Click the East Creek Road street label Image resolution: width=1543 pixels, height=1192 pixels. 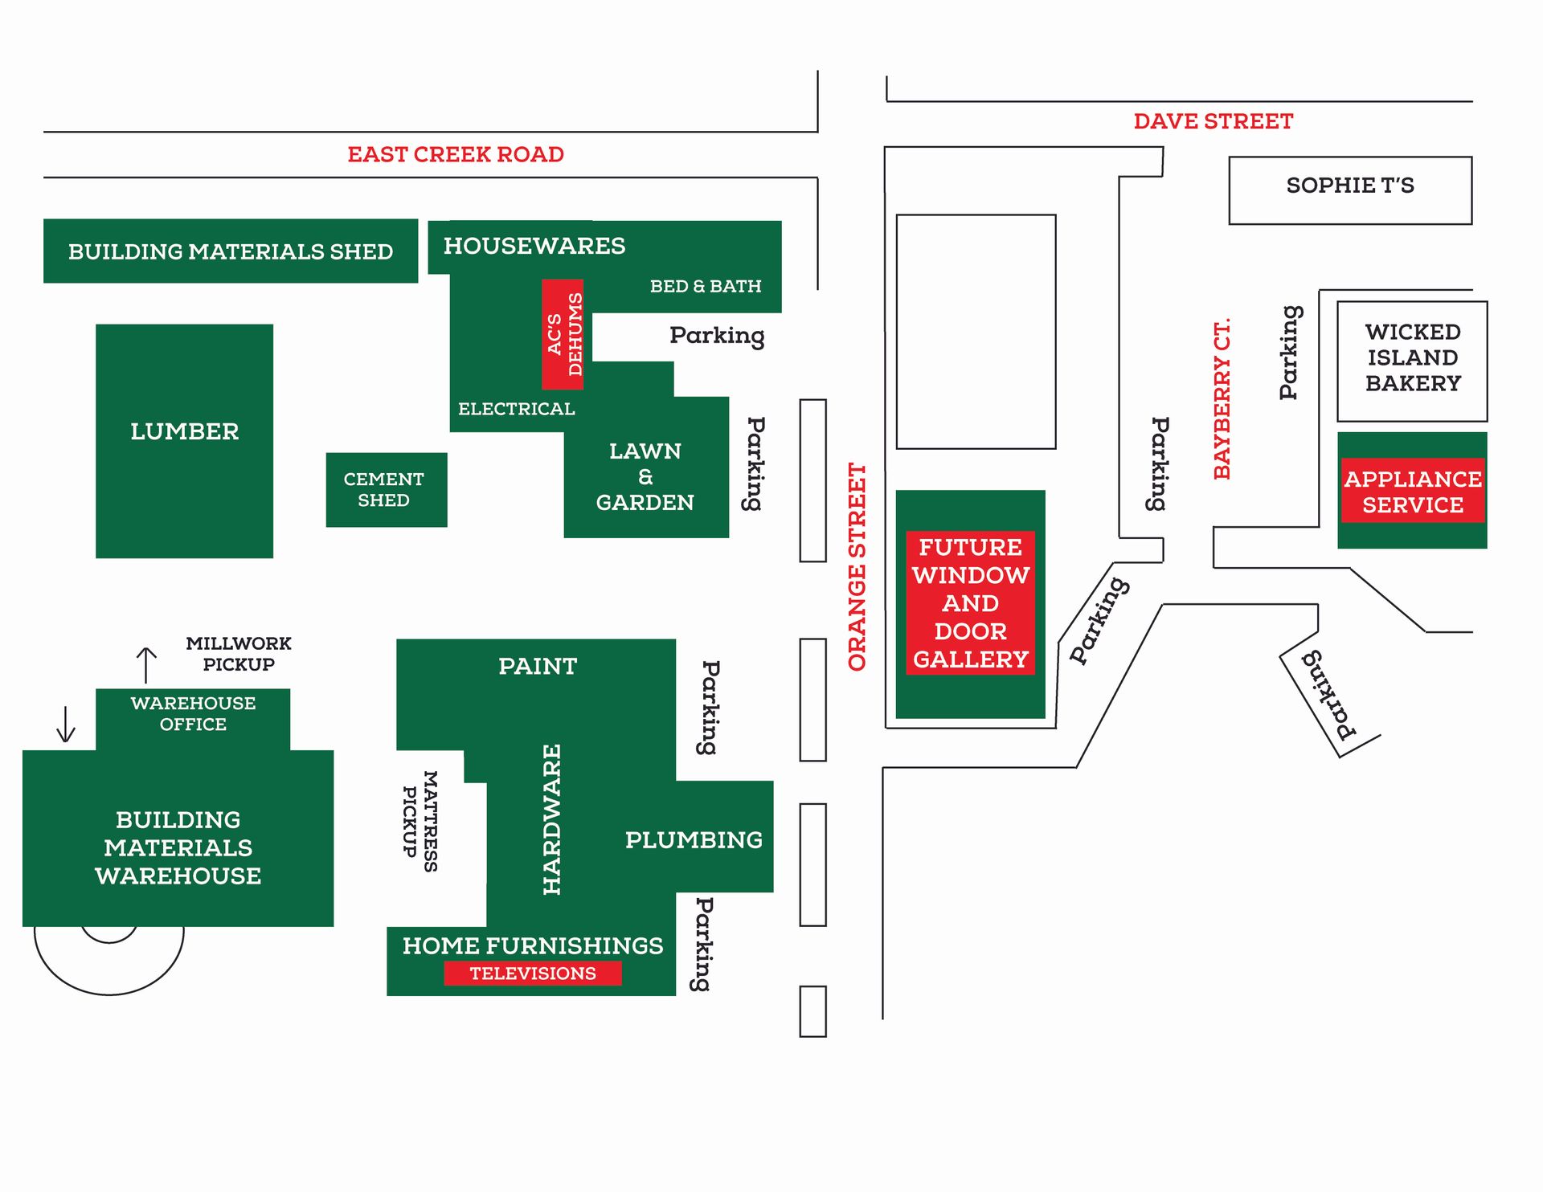click(455, 154)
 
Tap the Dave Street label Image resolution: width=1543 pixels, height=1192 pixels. click(1213, 121)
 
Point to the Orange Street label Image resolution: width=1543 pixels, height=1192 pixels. click(857, 566)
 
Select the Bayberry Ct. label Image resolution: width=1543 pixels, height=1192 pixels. click(1222, 399)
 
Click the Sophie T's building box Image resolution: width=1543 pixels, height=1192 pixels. click(1349, 190)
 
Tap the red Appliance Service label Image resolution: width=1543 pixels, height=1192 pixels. click(1412, 492)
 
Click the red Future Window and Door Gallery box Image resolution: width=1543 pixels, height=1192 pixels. click(970, 602)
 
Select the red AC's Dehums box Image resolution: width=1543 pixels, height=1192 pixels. click(563, 334)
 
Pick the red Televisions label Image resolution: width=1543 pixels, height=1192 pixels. click(533, 973)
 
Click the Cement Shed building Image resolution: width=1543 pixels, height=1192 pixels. click(386, 489)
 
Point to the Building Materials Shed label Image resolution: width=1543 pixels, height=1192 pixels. click(231, 251)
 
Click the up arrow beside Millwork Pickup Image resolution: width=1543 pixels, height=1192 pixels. click(146, 664)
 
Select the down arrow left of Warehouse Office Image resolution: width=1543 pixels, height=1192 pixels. click(66, 724)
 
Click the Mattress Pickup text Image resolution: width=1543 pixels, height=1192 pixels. click(420, 821)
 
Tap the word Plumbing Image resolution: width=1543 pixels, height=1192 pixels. click(694, 839)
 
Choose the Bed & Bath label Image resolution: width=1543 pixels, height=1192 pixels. click(705, 286)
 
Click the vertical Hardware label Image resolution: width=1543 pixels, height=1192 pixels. click(551, 819)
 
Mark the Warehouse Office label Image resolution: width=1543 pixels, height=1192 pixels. click(193, 713)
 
